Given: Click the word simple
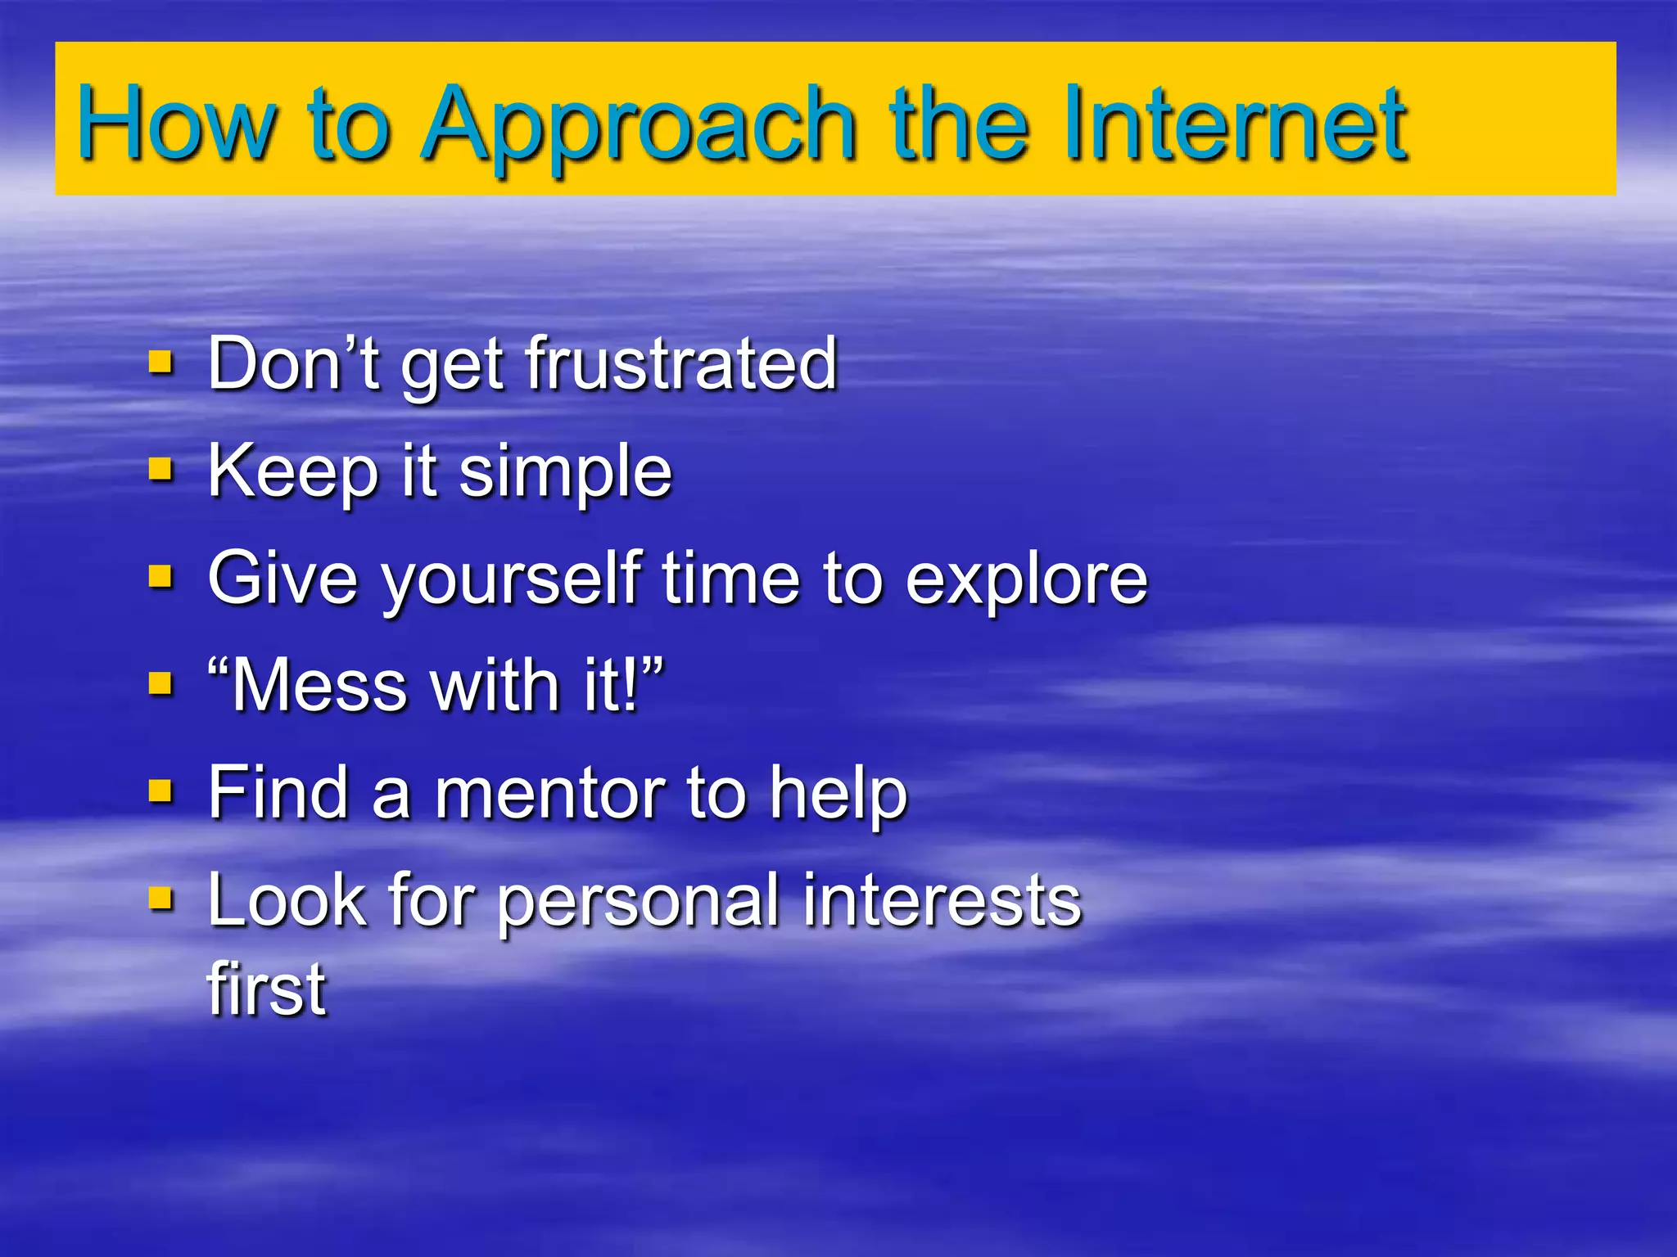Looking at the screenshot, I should coord(565,473).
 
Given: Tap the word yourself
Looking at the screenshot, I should coord(511,581).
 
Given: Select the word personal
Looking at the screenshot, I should coord(639,902).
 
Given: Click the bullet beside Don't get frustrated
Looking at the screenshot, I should coord(160,361).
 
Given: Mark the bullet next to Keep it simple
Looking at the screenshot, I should coord(160,469).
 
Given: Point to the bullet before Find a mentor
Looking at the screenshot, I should coord(160,791).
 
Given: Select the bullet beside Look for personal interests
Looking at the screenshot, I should coord(160,899).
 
